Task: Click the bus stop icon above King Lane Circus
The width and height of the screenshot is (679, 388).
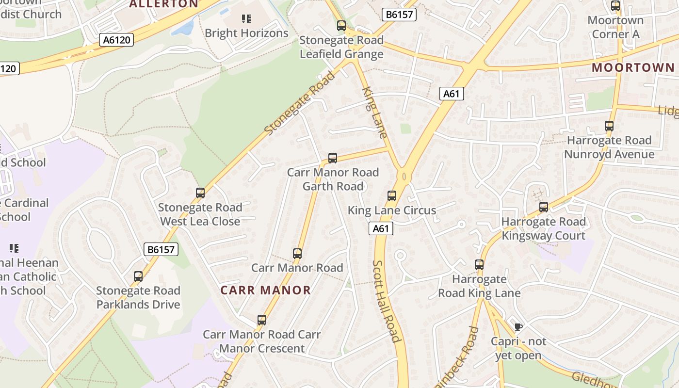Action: [x=392, y=196]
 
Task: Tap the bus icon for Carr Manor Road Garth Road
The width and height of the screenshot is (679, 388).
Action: [x=333, y=158]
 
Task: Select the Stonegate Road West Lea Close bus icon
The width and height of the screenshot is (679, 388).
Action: [x=200, y=193]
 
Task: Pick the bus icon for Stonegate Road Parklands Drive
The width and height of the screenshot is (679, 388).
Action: [x=138, y=276]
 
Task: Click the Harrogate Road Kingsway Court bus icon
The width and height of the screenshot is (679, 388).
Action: [x=544, y=207]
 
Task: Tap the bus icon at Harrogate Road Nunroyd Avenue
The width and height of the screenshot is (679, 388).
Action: [x=609, y=126]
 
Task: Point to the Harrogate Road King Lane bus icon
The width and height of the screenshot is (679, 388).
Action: [x=479, y=265]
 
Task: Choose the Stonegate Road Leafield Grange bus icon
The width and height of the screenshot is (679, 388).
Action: [x=341, y=26]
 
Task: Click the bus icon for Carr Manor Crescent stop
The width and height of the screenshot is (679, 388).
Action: [x=262, y=320]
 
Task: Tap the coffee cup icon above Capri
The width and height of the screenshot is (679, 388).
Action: [x=518, y=327]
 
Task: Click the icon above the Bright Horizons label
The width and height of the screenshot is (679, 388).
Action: [x=246, y=19]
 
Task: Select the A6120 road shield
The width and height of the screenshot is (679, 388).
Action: [x=116, y=40]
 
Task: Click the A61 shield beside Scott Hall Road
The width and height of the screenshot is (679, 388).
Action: [x=381, y=228]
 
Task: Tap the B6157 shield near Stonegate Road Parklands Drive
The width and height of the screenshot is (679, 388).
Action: [x=162, y=249]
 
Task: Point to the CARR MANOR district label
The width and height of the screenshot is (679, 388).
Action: [x=266, y=290]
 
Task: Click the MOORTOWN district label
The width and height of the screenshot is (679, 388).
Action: [x=633, y=67]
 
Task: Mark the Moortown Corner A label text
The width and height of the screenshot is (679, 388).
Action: [x=615, y=27]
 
